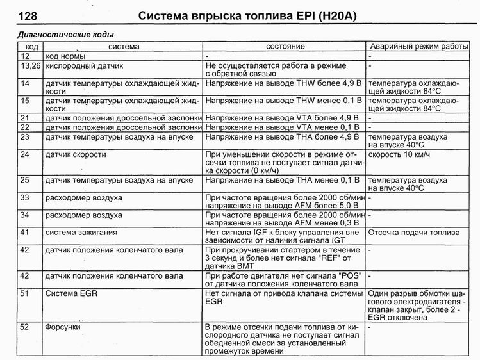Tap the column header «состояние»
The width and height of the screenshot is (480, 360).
[x=285, y=47]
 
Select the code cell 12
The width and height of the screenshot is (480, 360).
[x=26, y=56]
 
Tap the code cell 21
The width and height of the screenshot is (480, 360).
[x=26, y=119]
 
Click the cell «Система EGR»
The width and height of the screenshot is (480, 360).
[x=69, y=293]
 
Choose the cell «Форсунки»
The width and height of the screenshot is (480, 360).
[x=63, y=327]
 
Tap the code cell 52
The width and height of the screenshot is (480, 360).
[x=26, y=327]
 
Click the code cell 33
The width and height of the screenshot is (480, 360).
[x=26, y=198]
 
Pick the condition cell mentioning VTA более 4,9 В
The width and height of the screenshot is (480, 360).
[x=283, y=119]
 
